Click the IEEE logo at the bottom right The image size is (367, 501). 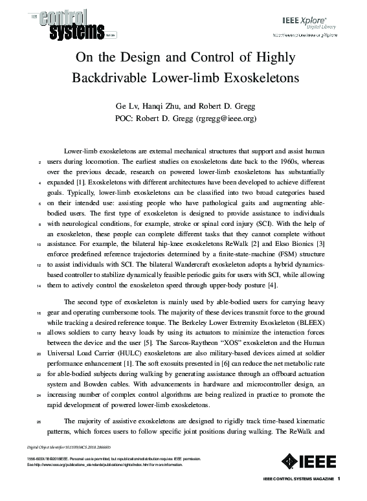[x=311, y=462]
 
